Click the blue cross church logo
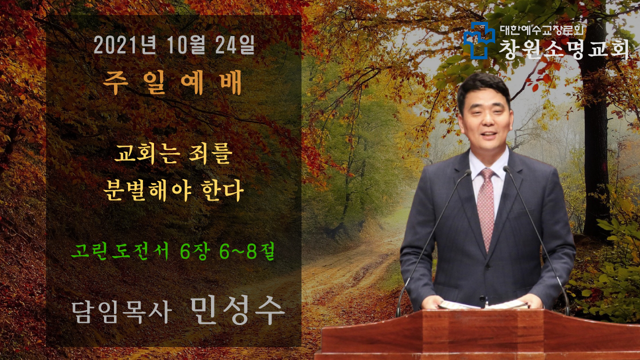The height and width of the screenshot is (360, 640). pyautogui.click(x=479, y=40)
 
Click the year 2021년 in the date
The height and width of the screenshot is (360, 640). pyautogui.click(x=124, y=45)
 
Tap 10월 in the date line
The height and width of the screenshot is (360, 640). pyautogui.click(x=185, y=45)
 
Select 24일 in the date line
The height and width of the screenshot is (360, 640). pyautogui.click(x=235, y=45)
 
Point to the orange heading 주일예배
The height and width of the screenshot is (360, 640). pyautogui.click(x=172, y=82)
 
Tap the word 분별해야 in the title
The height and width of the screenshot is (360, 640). pyautogui.click(x=147, y=190)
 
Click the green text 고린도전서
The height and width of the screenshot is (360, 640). pyautogui.click(x=120, y=251)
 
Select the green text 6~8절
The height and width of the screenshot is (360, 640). pyautogui.click(x=247, y=251)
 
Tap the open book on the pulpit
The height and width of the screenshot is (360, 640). pyautogui.click(x=483, y=304)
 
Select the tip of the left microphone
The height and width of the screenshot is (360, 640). pyautogui.click(x=468, y=171)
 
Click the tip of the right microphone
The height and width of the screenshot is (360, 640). pyautogui.click(x=506, y=168)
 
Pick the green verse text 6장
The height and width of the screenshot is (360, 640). pyautogui.click(x=195, y=251)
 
